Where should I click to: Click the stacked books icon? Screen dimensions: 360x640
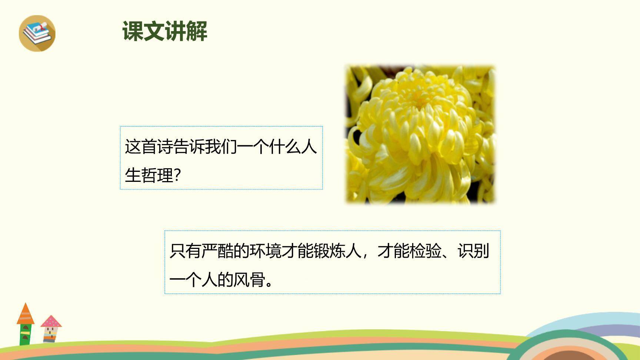(37, 33)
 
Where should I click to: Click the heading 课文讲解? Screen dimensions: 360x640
(165, 31)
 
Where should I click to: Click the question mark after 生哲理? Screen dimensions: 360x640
(177, 175)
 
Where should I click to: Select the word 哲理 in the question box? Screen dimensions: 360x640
(157, 175)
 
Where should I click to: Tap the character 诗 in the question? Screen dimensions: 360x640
(165, 147)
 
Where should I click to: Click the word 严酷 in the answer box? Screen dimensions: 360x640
(217, 251)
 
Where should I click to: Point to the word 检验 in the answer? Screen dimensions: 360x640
(425, 251)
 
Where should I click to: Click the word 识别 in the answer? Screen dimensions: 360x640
(473, 251)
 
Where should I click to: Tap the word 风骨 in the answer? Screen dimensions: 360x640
(249, 280)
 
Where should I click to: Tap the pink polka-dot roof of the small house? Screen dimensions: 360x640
(51, 321)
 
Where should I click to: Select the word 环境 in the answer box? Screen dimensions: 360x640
(265, 251)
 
